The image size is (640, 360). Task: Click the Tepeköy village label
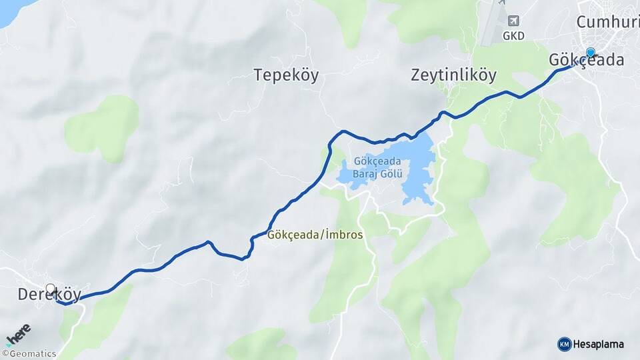(286, 75)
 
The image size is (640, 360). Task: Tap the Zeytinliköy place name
(453, 75)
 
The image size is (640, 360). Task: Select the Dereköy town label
(49, 295)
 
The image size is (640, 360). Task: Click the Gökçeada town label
(587, 61)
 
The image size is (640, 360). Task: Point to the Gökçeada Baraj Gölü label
(378, 167)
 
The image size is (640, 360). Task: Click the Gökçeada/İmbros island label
(315, 235)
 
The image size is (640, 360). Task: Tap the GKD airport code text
(513, 36)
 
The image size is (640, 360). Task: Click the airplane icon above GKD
(513, 21)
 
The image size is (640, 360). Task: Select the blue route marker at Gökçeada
(590, 52)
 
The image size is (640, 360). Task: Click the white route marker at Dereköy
(50, 289)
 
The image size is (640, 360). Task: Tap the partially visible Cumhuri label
(607, 22)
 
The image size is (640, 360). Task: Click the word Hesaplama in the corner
(599, 345)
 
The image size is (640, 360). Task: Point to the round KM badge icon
(564, 345)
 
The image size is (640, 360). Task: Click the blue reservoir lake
(417, 180)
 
